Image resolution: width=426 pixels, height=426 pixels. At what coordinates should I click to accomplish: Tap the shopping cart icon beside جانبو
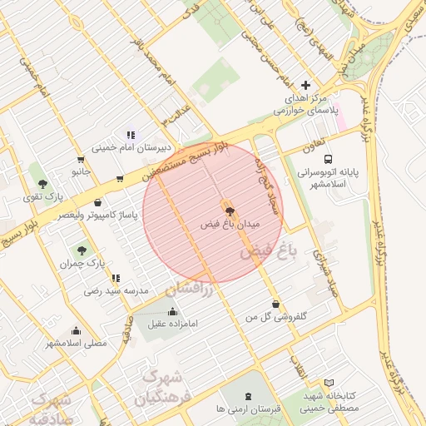click(81, 159)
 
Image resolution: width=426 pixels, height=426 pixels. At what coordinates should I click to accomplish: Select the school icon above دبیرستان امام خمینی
click(130, 135)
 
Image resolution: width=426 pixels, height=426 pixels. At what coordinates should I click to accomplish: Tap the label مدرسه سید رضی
click(116, 291)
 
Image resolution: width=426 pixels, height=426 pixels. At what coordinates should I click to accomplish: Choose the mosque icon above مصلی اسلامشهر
click(76, 330)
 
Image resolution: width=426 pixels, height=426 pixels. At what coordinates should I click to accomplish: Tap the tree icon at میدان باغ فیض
click(230, 211)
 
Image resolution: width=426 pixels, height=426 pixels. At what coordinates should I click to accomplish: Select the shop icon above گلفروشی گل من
click(275, 305)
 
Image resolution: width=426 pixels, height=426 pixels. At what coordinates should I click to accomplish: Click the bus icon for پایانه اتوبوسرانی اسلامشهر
click(328, 159)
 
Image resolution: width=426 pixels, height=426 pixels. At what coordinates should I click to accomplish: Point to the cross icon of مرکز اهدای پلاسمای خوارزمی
click(305, 85)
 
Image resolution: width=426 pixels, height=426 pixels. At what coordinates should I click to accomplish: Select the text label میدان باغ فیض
click(230, 225)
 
